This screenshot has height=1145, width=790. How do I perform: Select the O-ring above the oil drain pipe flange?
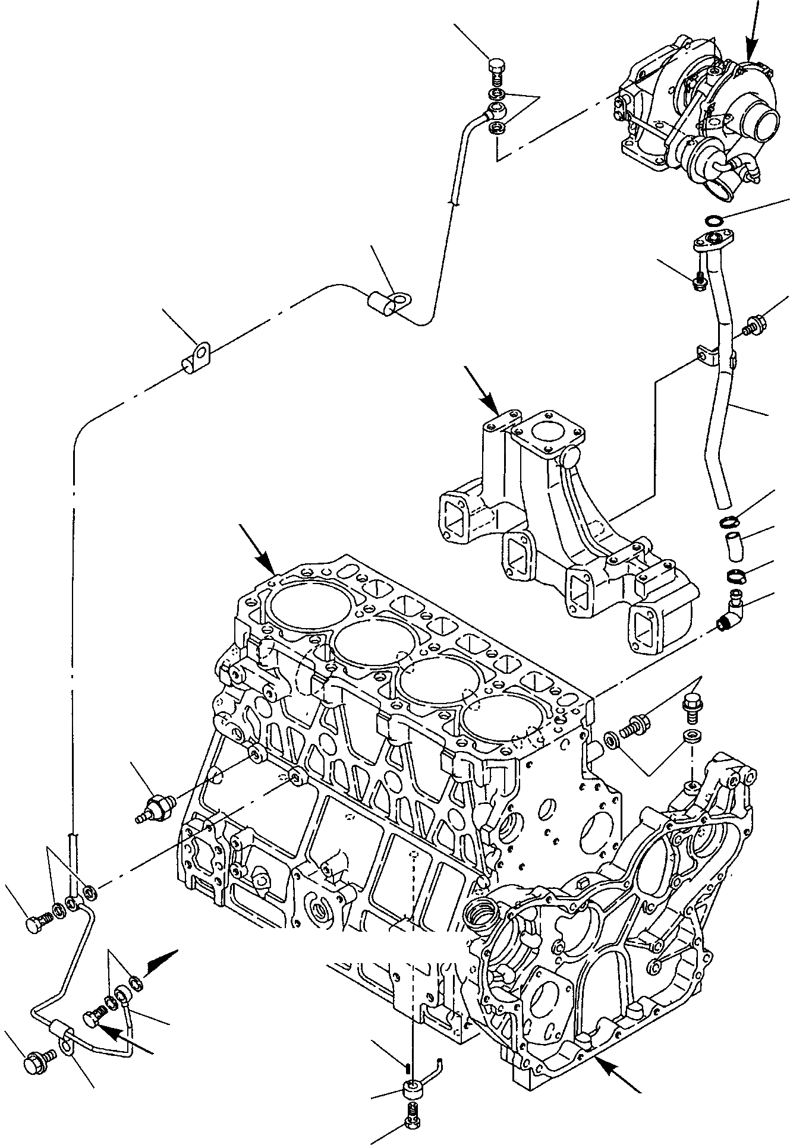[713, 222]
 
